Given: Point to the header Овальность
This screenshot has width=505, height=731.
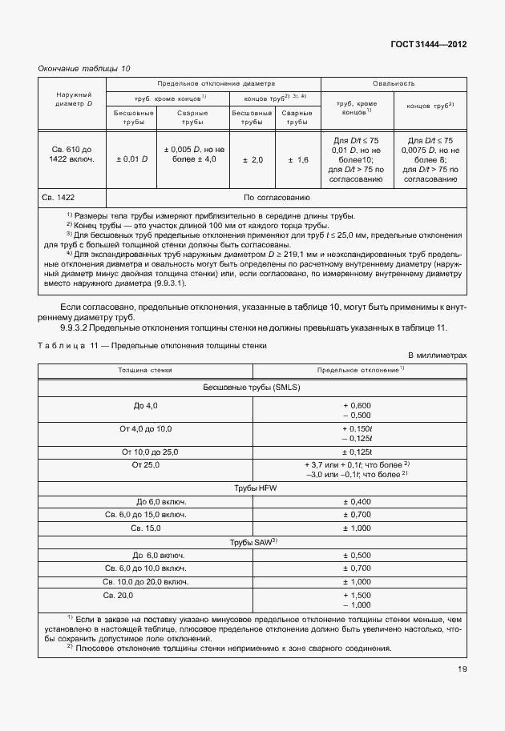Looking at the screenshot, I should (393, 83).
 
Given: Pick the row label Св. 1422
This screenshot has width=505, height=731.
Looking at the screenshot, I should (58, 197).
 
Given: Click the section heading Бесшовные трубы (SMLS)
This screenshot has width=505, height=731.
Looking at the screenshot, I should (252, 387).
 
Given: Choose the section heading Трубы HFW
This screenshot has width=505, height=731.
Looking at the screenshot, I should (252, 488).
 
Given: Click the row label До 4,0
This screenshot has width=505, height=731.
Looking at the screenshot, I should (145, 406).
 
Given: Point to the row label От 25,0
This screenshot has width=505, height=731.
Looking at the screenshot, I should (146, 464).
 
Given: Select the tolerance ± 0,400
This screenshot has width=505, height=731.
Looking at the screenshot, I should (357, 501).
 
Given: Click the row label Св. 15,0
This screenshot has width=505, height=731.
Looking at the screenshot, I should (146, 528).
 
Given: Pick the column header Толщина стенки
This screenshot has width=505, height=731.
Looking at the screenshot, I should (145, 371).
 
